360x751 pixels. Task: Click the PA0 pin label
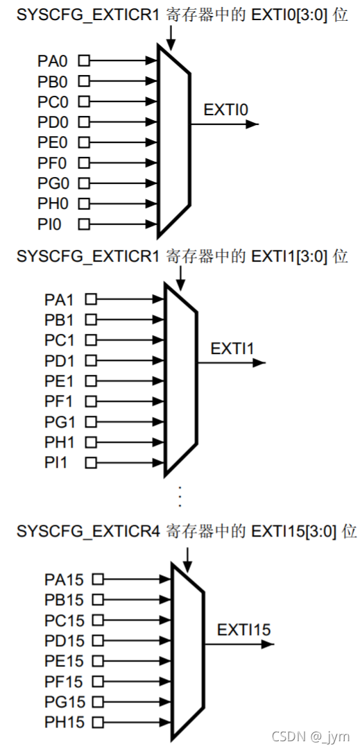(x=53, y=61)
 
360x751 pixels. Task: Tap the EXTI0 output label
(x=225, y=110)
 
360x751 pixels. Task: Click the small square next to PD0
(x=84, y=122)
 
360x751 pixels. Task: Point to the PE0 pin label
(x=53, y=142)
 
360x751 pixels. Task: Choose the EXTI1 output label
(x=230, y=348)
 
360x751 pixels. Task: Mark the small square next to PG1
(x=91, y=422)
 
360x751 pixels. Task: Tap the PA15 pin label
(x=64, y=578)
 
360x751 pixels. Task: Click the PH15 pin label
(x=64, y=722)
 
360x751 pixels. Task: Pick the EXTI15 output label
(x=243, y=630)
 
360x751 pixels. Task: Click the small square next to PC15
(x=98, y=620)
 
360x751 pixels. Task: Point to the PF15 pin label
(x=64, y=682)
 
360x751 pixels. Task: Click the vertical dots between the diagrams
(x=180, y=497)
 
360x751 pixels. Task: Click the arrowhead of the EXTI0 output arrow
(x=252, y=125)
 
